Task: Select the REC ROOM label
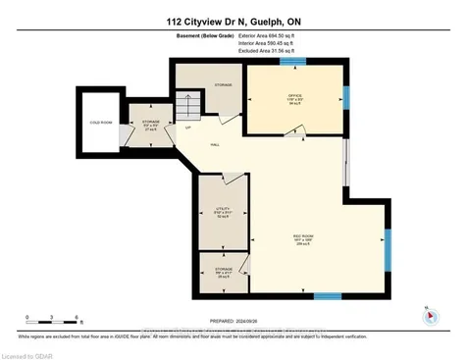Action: (303, 236)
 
